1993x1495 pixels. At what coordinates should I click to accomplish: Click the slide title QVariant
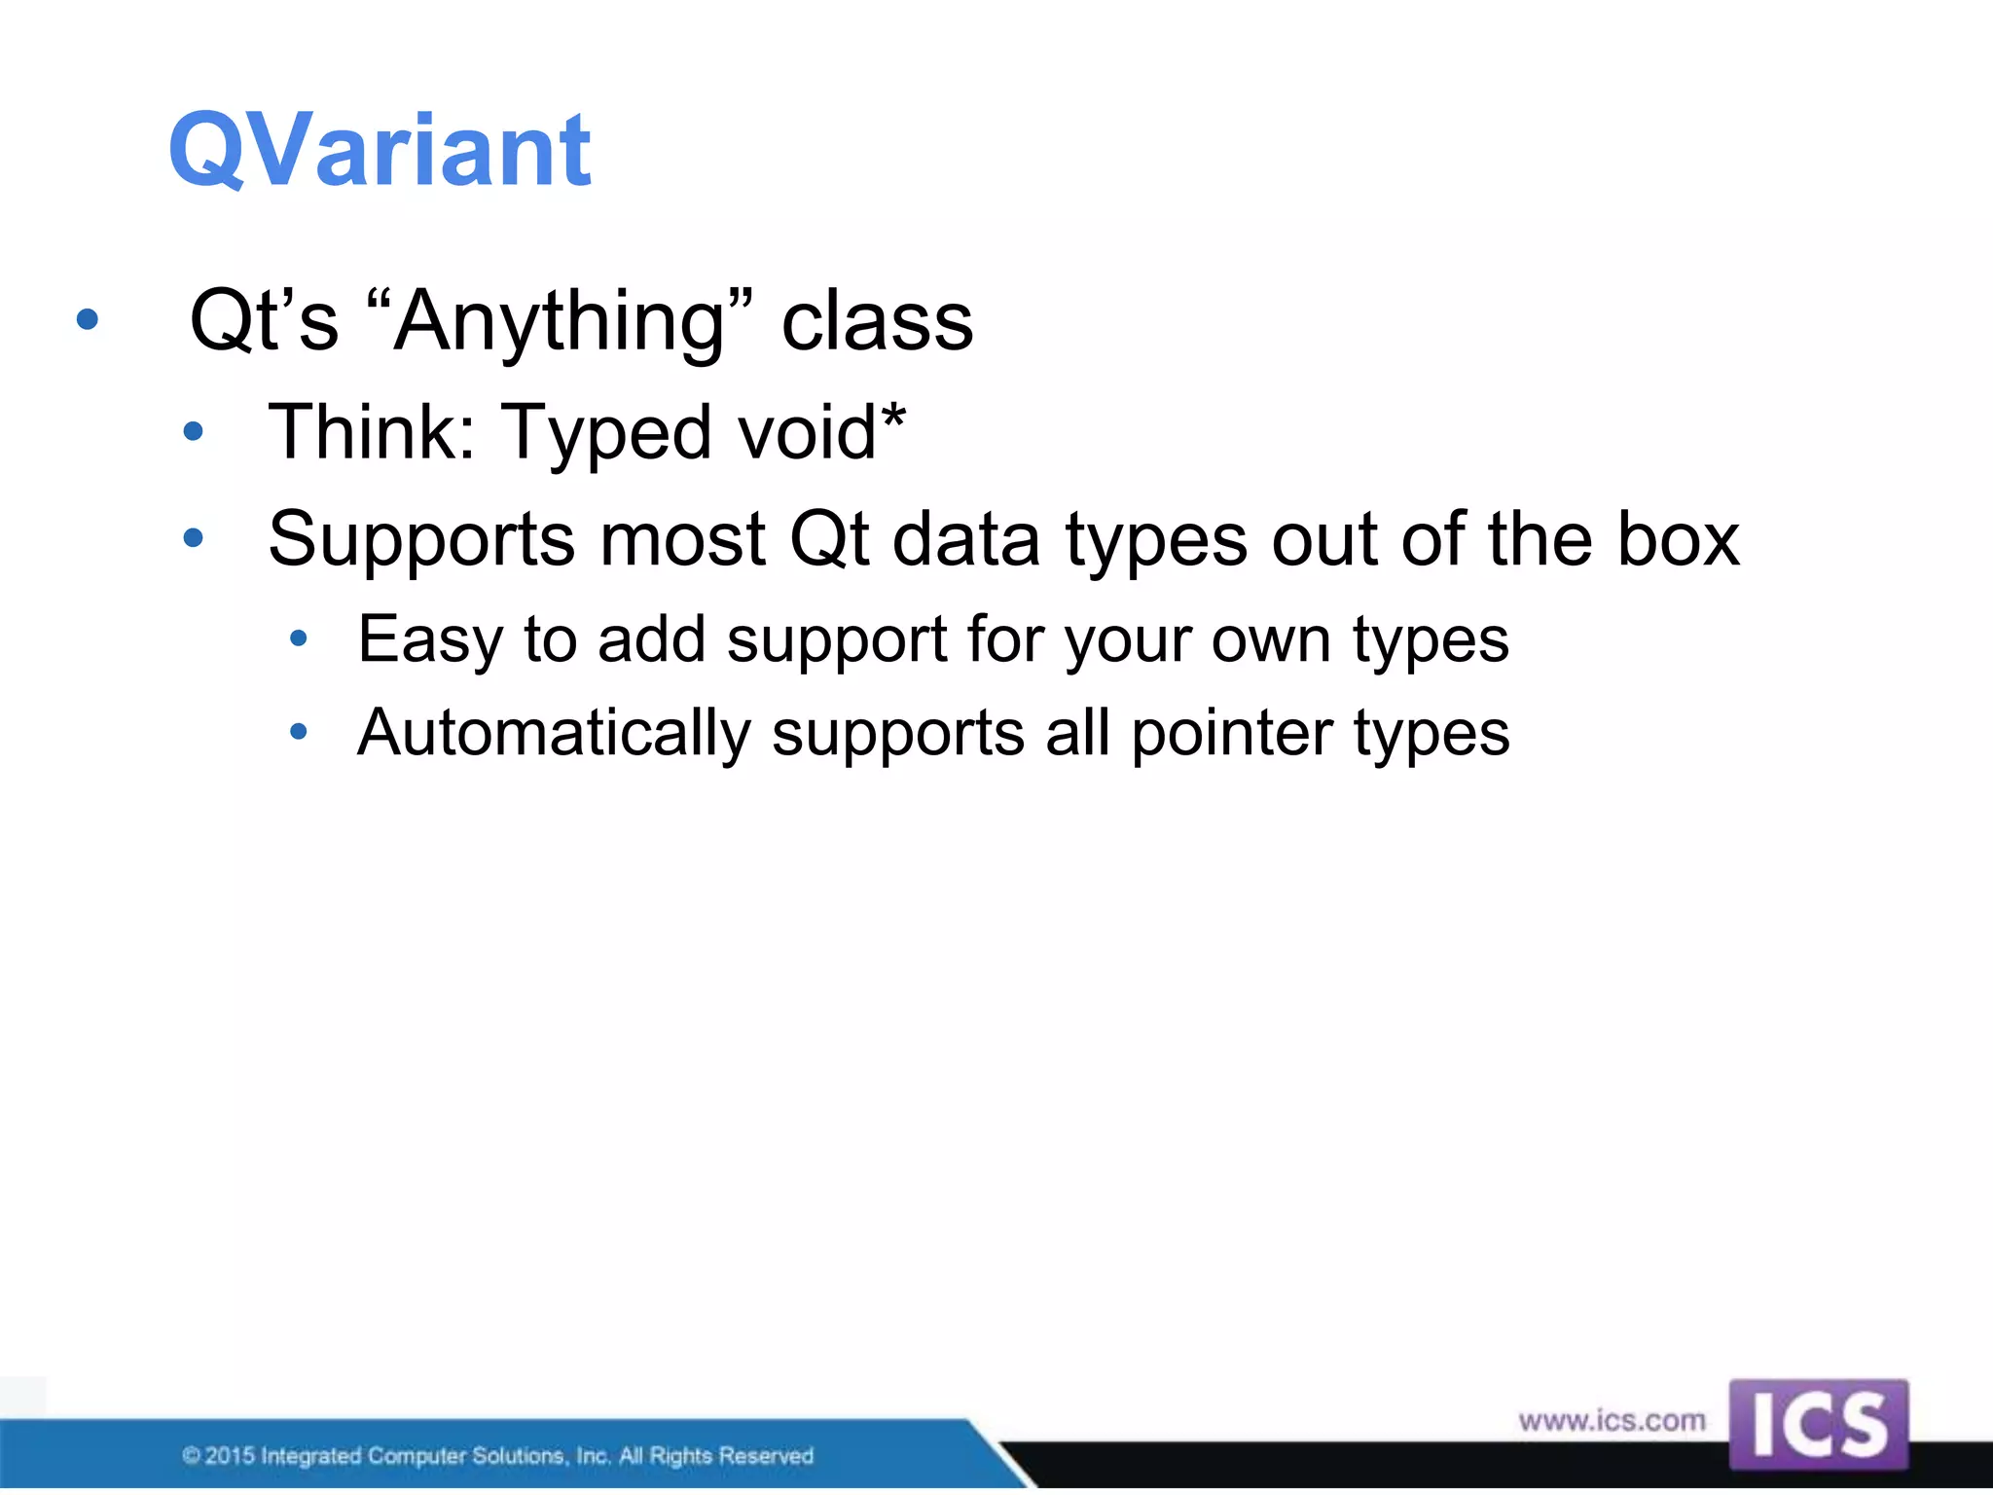coord(380,151)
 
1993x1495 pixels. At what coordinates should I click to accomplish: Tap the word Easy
coord(429,640)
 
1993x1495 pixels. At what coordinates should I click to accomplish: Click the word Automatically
coord(554,733)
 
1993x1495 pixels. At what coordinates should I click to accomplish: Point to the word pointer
coord(1231,733)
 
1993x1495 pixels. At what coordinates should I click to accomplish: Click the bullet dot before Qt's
coord(88,319)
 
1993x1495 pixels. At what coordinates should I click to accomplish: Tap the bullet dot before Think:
coord(194,431)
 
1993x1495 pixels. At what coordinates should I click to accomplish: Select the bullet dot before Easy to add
coord(299,638)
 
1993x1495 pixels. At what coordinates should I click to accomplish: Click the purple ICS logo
coord(1818,1424)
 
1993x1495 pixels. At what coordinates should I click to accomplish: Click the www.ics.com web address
coord(1612,1420)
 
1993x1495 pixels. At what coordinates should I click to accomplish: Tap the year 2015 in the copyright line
coord(230,1456)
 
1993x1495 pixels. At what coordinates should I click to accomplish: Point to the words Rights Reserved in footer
coord(731,1456)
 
